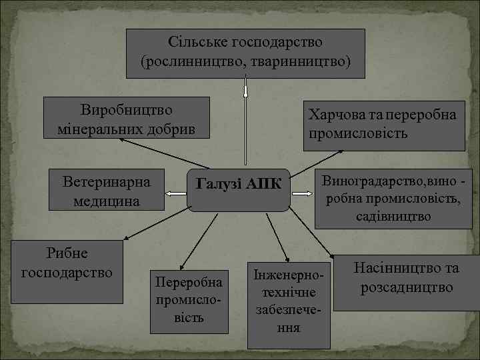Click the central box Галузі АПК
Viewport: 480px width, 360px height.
[238, 189]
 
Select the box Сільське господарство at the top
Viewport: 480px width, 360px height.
[245, 52]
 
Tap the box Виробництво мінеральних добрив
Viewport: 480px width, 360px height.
[127, 118]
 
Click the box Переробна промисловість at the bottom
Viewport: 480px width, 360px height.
[189, 300]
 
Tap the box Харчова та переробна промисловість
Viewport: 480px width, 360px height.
[383, 124]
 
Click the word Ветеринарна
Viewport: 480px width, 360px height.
[107, 181]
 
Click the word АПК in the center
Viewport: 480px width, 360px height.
[265, 184]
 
